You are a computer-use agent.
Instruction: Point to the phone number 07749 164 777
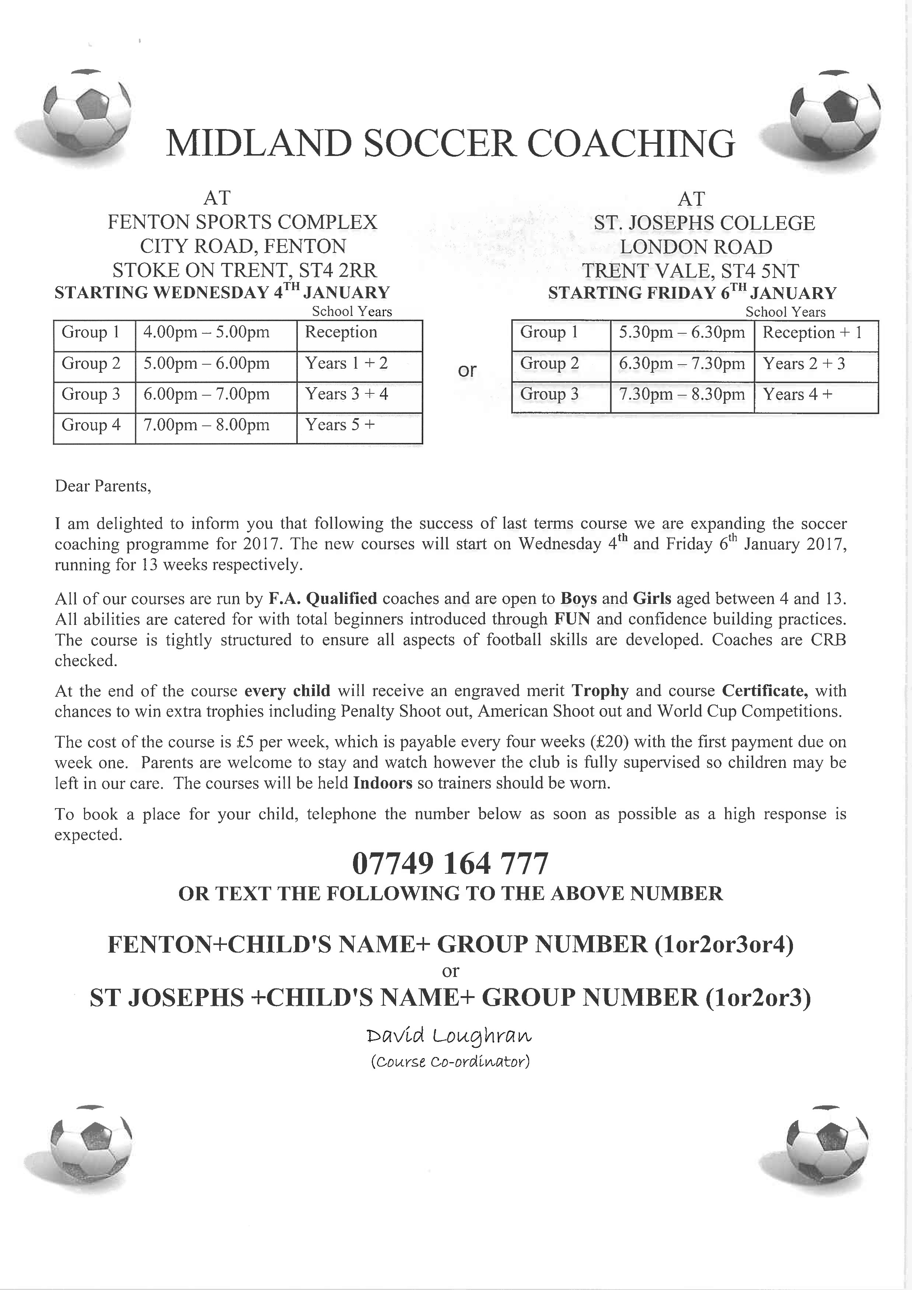[450, 863]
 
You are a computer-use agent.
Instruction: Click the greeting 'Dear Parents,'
[103, 486]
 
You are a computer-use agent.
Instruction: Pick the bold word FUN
[572, 619]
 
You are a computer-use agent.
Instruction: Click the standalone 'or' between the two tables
[467, 370]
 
